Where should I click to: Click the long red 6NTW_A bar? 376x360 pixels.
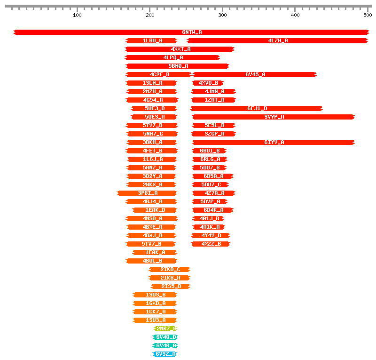coord(191,32)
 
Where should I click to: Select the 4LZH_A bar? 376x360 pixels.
coord(277,40)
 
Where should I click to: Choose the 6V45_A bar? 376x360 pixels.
coord(255,74)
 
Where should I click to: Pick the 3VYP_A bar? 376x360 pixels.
coord(274,117)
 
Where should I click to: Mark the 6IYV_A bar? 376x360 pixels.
coord(274,142)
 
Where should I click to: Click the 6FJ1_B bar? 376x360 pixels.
coord(257,108)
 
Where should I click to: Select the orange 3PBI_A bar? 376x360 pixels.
coord(147,193)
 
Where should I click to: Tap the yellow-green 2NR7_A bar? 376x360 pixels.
coord(165,328)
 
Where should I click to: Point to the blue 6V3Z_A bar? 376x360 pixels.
coord(165,354)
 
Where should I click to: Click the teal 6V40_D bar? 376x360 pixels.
coord(165,337)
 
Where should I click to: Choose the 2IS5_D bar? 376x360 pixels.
coord(170,286)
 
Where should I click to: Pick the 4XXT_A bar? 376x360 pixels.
coord(180,49)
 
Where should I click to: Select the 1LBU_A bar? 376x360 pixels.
coord(152,40)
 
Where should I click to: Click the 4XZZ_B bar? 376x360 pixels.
coord(211,244)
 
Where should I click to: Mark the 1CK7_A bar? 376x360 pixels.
coord(155,312)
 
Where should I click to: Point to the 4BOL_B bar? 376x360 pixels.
coord(152,261)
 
